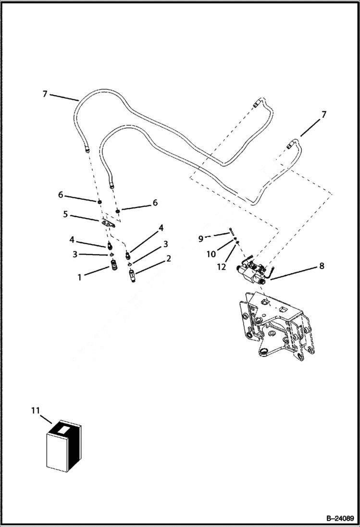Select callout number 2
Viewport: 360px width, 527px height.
[169, 258]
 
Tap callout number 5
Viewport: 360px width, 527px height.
[65, 214]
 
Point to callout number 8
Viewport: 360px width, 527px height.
[322, 265]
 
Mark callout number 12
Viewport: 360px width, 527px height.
[221, 267]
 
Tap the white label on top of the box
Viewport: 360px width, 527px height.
[63, 426]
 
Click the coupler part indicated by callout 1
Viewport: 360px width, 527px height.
[114, 265]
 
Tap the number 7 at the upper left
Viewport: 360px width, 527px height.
[45, 94]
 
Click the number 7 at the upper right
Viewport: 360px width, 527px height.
[324, 114]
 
